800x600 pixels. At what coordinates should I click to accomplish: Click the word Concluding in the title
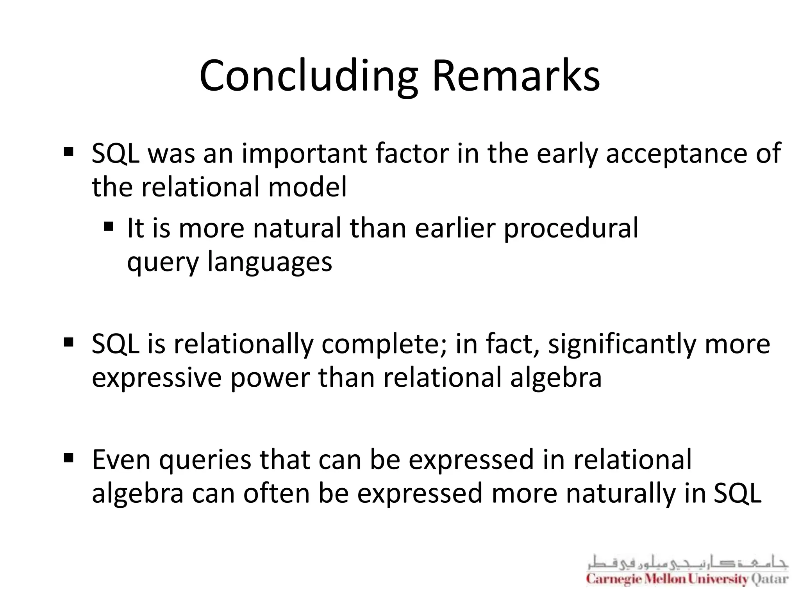(x=309, y=76)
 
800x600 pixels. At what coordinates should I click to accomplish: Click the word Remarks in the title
(x=516, y=76)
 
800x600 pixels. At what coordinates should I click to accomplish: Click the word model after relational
(x=307, y=187)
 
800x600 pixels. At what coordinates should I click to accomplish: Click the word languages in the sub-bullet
(x=270, y=262)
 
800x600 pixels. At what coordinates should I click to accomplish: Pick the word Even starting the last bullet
(x=121, y=460)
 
